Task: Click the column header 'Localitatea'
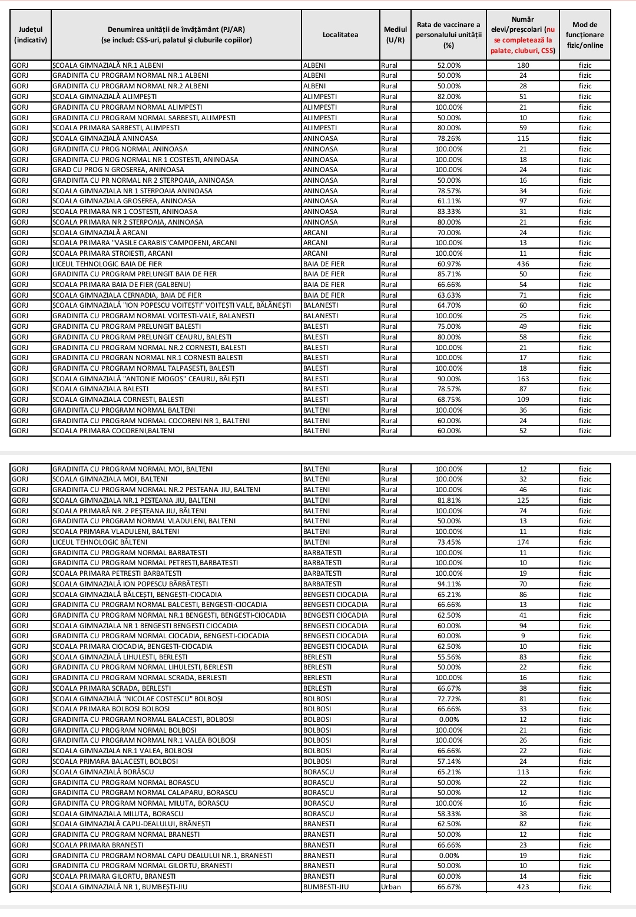tap(340, 35)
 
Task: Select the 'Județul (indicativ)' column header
tap(31, 35)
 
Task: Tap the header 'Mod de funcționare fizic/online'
tap(585, 35)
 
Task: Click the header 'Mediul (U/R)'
tap(395, 35)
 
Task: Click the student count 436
tap(523, 264)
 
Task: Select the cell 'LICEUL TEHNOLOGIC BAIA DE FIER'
tap(107, 264)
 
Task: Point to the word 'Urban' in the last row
tap(391, 887)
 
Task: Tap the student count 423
tap(523, 887)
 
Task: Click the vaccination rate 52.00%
tap(449, 65)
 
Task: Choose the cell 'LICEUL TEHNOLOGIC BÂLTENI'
tap(100, 542)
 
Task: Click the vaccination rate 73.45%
tap(449, 542)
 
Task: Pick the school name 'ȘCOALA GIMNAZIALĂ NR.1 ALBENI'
tap(108, 65)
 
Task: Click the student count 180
tap(523, 65)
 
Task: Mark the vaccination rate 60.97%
tap(449, 264)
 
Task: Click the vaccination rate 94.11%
tap(449, 584)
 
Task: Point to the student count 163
tap(523, 379)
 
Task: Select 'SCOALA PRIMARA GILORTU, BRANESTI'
tap(114, 876)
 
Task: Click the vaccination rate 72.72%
tap(449, 699)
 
